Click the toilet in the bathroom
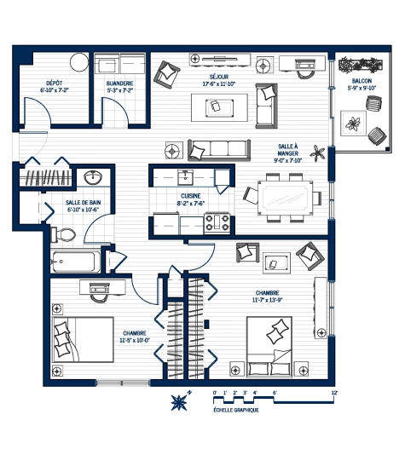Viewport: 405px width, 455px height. point(65,234)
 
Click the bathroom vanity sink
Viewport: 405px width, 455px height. point(94,178)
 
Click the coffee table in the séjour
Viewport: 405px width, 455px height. point(218,107)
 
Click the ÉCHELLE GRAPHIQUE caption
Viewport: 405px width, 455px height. point(234,410)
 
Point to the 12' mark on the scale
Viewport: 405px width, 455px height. point(335,393)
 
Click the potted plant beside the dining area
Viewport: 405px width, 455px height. point(319,154)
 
